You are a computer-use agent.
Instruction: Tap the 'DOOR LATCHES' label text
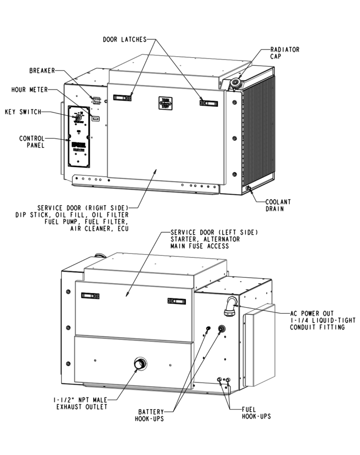point(124,40)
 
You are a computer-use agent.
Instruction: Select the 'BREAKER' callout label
point(42,71)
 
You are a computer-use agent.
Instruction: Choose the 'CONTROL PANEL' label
point(31,141)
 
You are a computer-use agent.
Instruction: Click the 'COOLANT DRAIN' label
point(277,205)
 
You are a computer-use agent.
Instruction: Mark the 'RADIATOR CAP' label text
point(284,53)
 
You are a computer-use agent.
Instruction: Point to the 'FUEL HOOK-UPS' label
point(256,413)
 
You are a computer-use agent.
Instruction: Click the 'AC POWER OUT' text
point(313,313)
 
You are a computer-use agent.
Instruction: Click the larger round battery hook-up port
point(222,329)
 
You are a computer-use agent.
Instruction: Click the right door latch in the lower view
point(176,301)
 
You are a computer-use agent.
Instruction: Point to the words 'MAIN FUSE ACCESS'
point(200,247)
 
